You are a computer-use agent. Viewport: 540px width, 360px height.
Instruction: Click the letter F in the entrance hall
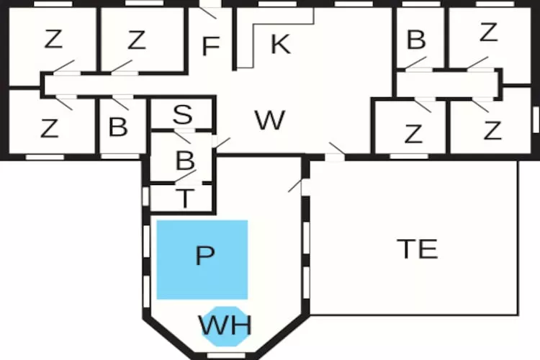tap(211, 46)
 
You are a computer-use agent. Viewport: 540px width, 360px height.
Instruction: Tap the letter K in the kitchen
tap(281, 44)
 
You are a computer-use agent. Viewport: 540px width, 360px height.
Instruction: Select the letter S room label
tap(183, 114)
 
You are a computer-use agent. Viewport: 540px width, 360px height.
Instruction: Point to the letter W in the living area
tap(270, 120)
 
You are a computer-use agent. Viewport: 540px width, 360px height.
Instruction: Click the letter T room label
tap(185, 198)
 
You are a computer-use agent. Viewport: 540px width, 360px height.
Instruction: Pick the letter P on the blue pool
tap(205, 256)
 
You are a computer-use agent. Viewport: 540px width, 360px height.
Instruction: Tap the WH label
tap(225, 325)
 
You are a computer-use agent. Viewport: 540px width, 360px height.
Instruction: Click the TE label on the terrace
tap(418, 248)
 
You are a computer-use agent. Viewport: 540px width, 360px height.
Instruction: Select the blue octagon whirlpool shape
tap(225, 326)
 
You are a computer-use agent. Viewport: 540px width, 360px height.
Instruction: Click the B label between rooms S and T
tap(185, 161)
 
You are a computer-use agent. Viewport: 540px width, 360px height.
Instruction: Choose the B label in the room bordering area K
tap(416, 40)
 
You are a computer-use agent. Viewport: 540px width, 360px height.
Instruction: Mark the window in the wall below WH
tap(226, 355)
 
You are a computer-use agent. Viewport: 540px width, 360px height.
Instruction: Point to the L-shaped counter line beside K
tap(276, 38)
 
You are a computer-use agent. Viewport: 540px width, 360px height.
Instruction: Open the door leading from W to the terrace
tap(335, 152)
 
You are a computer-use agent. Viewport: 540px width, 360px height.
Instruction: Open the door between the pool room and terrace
tap(297, 185)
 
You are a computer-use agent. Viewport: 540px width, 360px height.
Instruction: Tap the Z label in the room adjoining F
tap(137, 40)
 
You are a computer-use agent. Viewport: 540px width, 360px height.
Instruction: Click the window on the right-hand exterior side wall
tap(536, 120)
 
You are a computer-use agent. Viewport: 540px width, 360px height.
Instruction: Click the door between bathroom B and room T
tap(186, 176)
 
